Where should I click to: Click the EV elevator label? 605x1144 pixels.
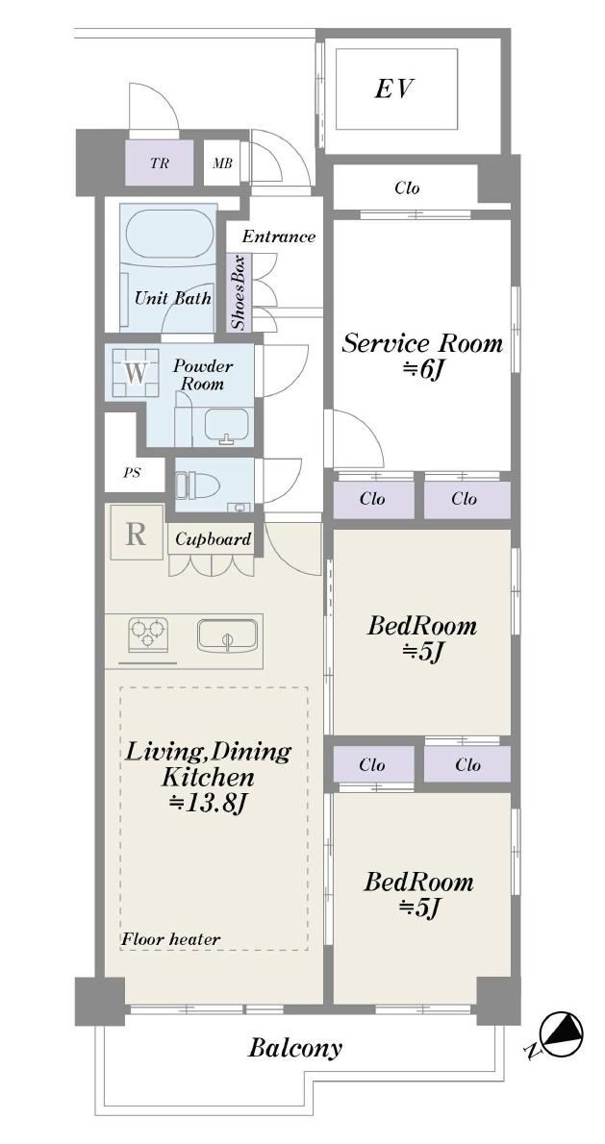[x=394, y=89]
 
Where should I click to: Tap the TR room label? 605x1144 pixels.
[x=159, y=163]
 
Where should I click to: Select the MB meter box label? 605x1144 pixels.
[x=222, y=163]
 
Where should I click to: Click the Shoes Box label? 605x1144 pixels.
[x=239, y=292]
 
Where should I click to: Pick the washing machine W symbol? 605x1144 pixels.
[x=136, y=372]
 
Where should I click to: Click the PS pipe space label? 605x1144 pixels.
[x=132, y=472]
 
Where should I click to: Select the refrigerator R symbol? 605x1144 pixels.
[x=137, y=534]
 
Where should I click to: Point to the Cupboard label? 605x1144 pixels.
[x=214, y=540]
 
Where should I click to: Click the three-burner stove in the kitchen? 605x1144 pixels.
[x=148, y=634]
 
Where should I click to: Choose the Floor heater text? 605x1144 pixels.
[x=171, y=939]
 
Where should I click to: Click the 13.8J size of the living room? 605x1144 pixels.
[x=209, y=803]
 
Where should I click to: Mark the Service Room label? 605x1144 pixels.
[x=422, y=343]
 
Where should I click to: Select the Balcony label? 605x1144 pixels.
[x=295, y=1049]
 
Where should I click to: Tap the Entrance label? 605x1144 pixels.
[x=279, y=236]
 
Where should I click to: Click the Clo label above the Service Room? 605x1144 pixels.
[x=407, y=188]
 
